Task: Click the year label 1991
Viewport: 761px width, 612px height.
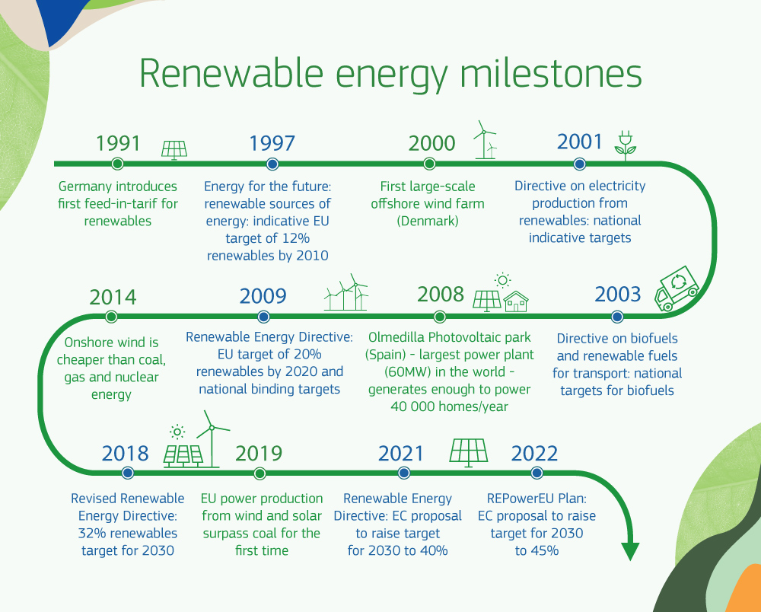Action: point(118,143)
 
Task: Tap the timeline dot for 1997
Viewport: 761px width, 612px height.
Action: point(272,164)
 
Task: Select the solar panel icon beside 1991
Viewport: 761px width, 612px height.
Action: point(174,150)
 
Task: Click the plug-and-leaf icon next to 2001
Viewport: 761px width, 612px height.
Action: point(626,145)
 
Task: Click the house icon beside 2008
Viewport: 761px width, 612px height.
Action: point(516,301)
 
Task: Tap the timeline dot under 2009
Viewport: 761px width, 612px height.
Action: point(263,317)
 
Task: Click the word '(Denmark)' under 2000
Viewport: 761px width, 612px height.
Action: point(428,221)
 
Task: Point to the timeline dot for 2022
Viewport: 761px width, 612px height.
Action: point(537,473)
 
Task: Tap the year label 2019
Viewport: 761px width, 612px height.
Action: point(259,454)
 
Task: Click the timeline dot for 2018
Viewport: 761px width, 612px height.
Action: point(127,473)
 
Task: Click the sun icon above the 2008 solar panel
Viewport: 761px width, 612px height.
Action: point(502,279)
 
